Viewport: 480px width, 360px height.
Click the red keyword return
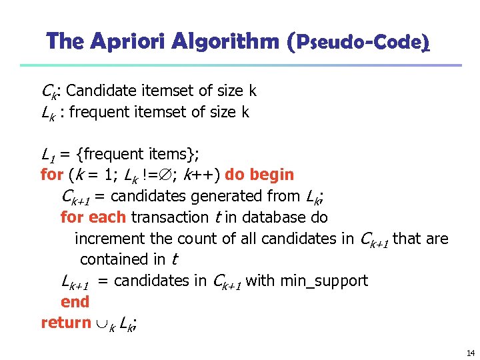[66, 323]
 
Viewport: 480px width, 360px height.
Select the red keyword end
[75, 302]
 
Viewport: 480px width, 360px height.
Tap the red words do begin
[259, 175]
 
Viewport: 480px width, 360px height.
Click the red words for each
[94, 217]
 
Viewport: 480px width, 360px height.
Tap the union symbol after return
[102, 323]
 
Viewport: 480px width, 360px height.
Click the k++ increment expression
[202, 175]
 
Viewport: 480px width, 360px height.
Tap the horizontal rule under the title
[240, 65]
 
